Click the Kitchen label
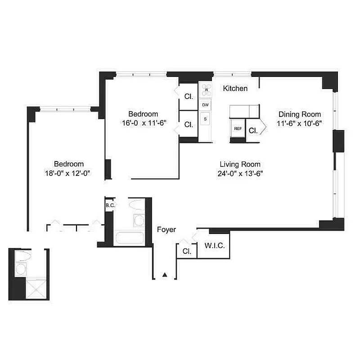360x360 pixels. [235, 89]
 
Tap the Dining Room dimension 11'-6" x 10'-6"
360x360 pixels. [299, 123]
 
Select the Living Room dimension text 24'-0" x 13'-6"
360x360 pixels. [240, 173]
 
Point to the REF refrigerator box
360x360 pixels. [238, 129]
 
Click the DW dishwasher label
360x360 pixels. [206, 105]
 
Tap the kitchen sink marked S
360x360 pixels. [206, 119]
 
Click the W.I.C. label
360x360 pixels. [214, 246]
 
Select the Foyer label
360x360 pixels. [166, 229]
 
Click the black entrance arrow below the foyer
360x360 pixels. [165, 274]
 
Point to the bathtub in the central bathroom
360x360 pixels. [129, 238]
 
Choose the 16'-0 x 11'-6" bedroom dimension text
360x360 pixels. [141, 123]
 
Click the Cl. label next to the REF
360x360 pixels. [253, 131]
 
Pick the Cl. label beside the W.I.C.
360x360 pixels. [186, 252]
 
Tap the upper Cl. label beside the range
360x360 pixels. [189, 96]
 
